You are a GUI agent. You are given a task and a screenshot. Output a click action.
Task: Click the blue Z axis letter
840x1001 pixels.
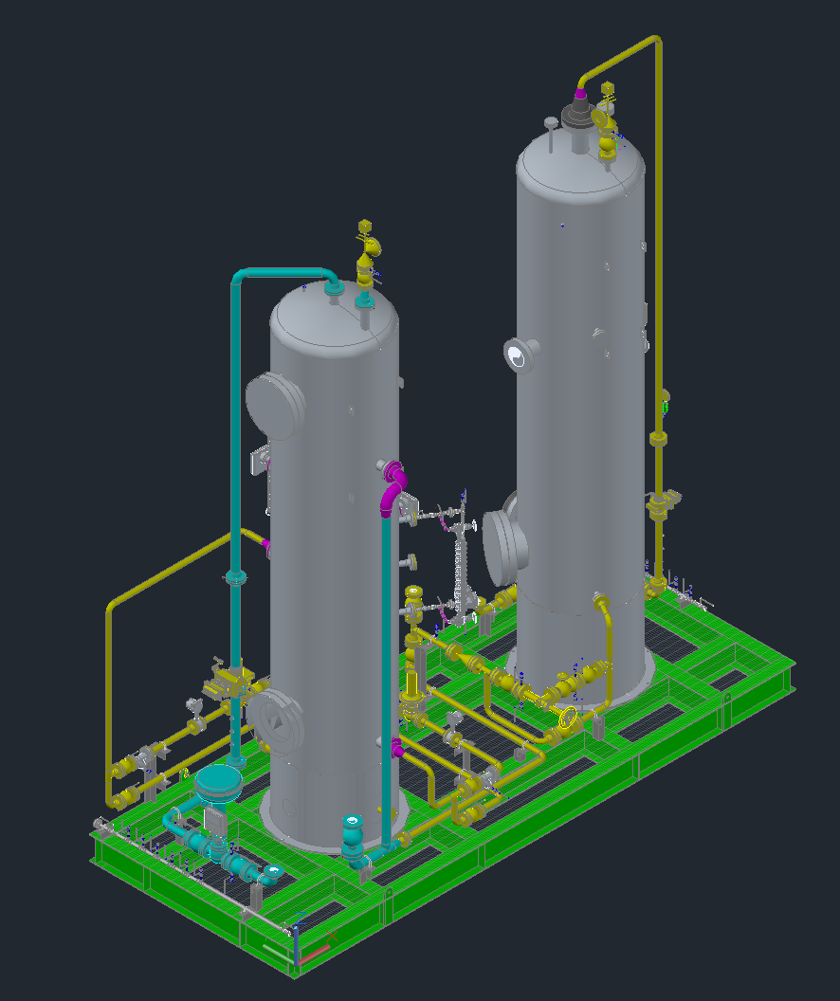[x=300, y=918]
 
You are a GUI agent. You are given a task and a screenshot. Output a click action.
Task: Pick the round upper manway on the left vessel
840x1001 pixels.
[x=274, y=403]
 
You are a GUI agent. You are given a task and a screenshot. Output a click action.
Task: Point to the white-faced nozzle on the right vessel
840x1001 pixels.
[x=517, y=356]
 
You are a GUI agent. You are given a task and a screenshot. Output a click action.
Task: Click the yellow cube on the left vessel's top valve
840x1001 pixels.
[x=365, y=227]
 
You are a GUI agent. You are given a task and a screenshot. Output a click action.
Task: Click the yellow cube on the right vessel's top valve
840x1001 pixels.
[x=608, y=90]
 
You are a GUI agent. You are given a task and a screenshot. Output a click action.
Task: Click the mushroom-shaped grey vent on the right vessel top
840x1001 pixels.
[x=550, y=123]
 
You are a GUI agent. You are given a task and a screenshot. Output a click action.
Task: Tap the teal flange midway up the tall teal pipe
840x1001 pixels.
[x=235, y=576]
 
